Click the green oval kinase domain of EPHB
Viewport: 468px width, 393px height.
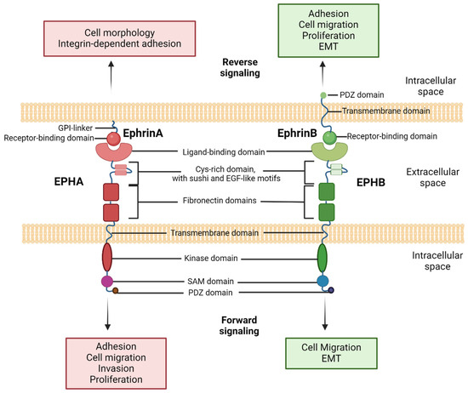click(x=322, y=256)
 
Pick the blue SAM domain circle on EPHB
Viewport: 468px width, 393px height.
click(x=322, y=280)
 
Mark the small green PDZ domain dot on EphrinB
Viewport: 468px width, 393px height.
click(x=322, y=94)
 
